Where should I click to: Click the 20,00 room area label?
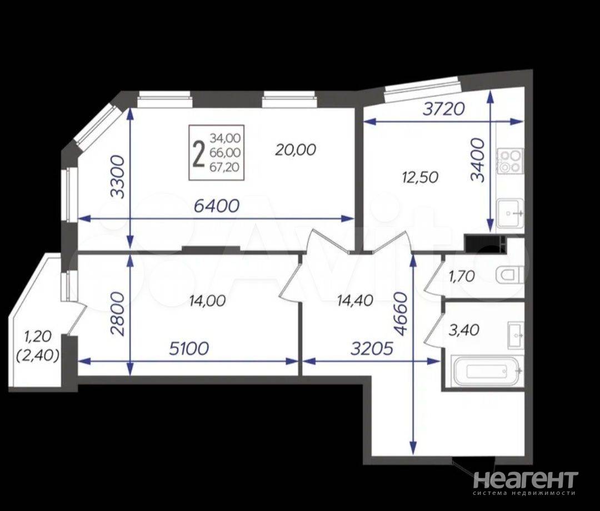pyautogui.click(x=296, y=149)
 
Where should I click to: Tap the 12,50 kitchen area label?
pyautogui.click(x=420, y=178)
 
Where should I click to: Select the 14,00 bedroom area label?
pyautogui.click(x=207, y=301)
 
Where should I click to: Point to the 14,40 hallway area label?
pyautogui.click(x=354, y=300)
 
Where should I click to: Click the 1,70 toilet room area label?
pyautogui.click(x=462, y=275)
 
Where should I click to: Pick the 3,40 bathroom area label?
pyautogui.click(x=464, y=330)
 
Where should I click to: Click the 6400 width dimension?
pyautogui.click(x=217, y=206)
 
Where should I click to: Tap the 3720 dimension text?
pyautogui.click(x=443, y=109)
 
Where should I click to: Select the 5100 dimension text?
pyautogui.click(x=189, y=348)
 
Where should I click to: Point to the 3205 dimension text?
pyautogui.click(x=372, y=348)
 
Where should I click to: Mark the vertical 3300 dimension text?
pyautogui.click(x=117, y=177)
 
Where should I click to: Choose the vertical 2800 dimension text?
pyautogui.click(x=117, y=314)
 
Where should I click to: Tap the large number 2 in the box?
pyautogui.click(x=198, y=154)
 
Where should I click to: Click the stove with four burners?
pyautogui.click(x=510, y=161)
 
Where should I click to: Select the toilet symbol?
pyautogui.click(x=509, y=275)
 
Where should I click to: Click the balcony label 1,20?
pyautogui.click(x=38, y=337)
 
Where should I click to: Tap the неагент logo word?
pyautogui.click(x=526, y=479)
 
